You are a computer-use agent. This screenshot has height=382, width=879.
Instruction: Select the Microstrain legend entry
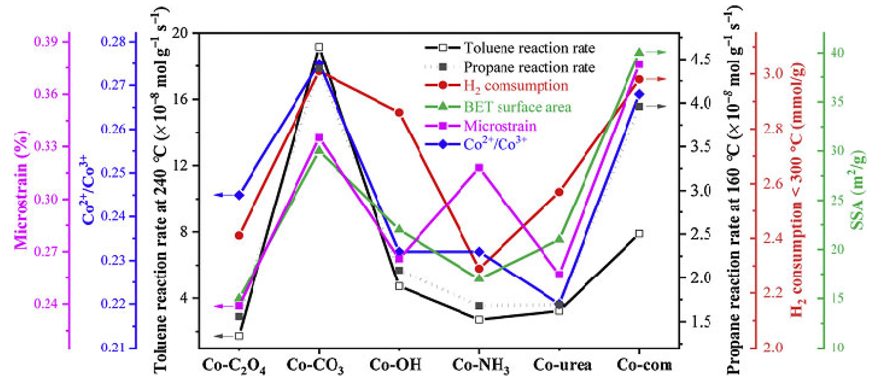point(500,126)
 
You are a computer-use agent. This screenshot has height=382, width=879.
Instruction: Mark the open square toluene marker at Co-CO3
point(319,47)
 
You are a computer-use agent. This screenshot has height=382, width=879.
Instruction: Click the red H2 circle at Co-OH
point(399,112)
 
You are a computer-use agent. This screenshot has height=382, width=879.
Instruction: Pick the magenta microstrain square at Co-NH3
point(479,168)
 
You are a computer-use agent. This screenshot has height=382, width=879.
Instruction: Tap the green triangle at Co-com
point(639,52)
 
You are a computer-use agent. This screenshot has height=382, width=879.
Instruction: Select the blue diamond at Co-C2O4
point(239,195)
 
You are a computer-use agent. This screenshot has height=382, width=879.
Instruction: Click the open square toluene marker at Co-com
point(639,234)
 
